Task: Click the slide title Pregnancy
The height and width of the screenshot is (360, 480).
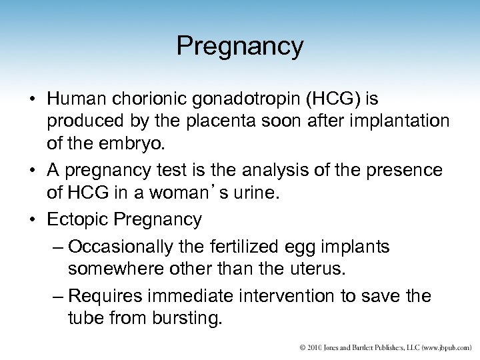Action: click(x=240, y=46)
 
